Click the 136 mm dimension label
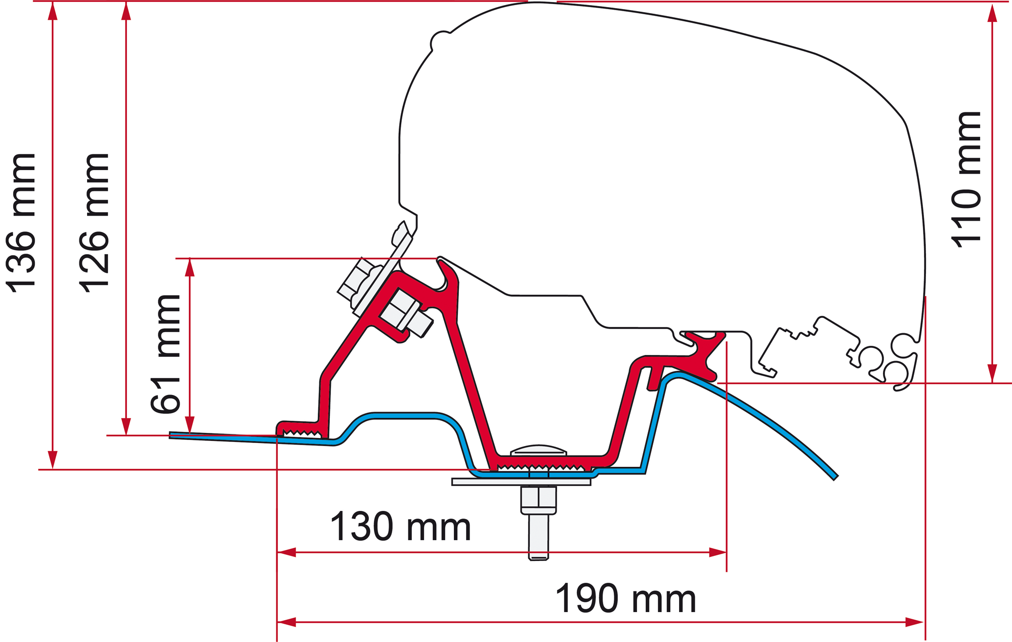point(21,222)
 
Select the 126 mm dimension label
point(95,222)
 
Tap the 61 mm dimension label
point(165,353)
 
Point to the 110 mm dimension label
point(966,179)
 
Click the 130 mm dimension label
point(400,527)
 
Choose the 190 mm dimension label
point(625,598)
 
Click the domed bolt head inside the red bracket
point(538,450)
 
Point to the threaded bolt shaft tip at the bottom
point(538,558)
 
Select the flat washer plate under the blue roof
point(521,482)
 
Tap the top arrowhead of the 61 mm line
point(190,268)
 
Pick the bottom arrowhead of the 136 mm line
point(53,460)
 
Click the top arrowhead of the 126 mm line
point(126,11)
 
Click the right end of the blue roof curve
point(836,477)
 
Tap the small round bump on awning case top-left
point(440,41)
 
